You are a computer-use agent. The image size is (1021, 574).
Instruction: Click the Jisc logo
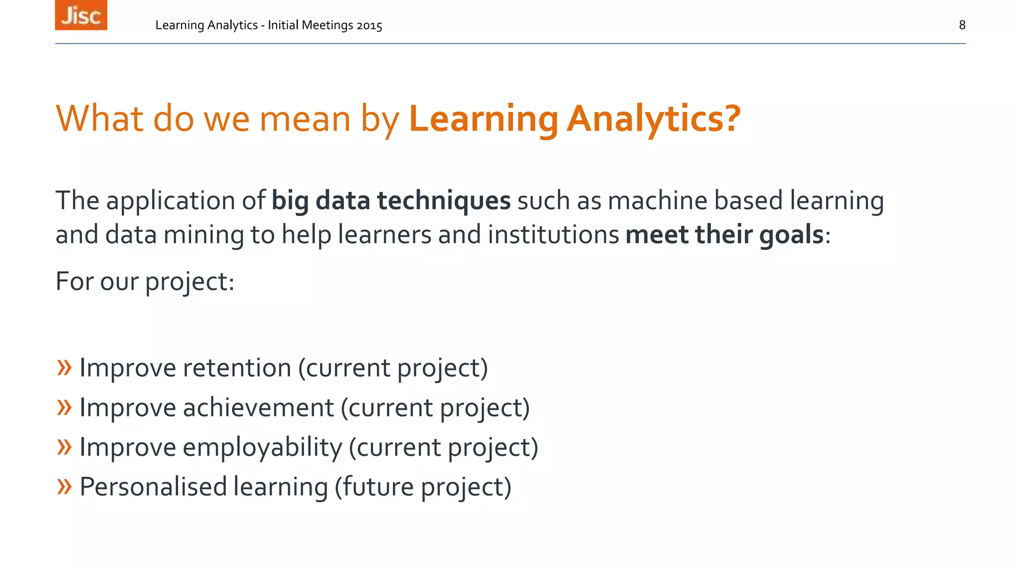(81, 15)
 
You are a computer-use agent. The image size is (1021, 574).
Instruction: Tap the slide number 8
(962, 25)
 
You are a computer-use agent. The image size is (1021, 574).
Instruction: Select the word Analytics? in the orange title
(654, 119)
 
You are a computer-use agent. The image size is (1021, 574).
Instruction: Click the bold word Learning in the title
(483, 119)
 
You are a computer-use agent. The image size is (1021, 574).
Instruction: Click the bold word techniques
(443, 201)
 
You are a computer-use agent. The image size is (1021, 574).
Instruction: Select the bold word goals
(791, 235)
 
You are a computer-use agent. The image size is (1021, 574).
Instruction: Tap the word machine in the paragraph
(658, 201)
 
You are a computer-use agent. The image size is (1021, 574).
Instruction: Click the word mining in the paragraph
(203, 235)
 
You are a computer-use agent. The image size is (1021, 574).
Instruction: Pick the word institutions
(553, 235)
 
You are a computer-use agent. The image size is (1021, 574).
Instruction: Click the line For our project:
(145, 282)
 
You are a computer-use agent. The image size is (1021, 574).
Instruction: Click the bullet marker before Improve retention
(64, 368)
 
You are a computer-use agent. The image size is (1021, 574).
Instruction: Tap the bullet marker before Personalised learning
(64, 486)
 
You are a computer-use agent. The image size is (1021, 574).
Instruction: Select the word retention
(237, 368)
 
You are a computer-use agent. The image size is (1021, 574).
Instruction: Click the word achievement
(258, 408)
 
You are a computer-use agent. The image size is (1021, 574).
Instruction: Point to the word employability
(262, 447)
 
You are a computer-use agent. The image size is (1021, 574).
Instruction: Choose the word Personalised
(153, 487)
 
